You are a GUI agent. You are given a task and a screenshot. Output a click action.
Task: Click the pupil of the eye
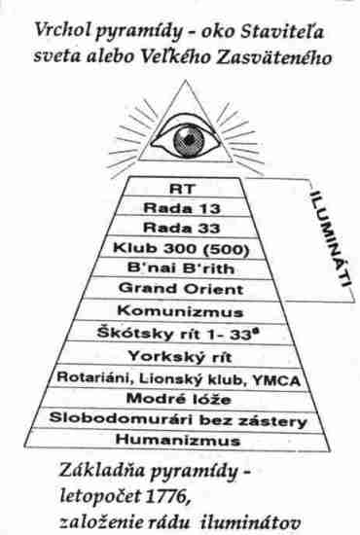(x=188, y=139)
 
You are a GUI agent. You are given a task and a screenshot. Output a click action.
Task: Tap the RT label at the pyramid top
(x=182, y=189)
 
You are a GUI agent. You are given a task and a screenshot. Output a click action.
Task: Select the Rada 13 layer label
(x=182, y=208)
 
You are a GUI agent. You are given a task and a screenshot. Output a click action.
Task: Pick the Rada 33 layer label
(x=182, y=228)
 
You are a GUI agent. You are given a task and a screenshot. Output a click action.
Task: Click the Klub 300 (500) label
(x=181, y=248)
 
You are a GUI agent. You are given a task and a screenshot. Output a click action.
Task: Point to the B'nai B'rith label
(x=181, y=268)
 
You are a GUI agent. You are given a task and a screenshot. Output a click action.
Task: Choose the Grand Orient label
(x=181, y=289)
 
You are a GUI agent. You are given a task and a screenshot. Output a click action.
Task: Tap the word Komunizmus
(x=180, y=311)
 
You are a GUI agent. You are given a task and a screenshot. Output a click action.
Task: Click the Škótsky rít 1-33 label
(x=178, y=334)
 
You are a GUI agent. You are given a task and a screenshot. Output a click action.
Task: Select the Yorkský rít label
(x=180, y=357)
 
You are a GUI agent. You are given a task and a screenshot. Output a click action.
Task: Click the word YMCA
(x=276, y=380)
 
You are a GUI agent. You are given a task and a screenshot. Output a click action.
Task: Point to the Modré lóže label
(x=178, y=399)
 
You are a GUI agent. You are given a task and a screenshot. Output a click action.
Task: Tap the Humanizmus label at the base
(x=178, y=440)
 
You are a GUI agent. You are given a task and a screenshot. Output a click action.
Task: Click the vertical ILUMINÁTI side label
(x=331, y=240)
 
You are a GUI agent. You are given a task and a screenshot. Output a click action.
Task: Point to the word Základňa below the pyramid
(x=102, y=471)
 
